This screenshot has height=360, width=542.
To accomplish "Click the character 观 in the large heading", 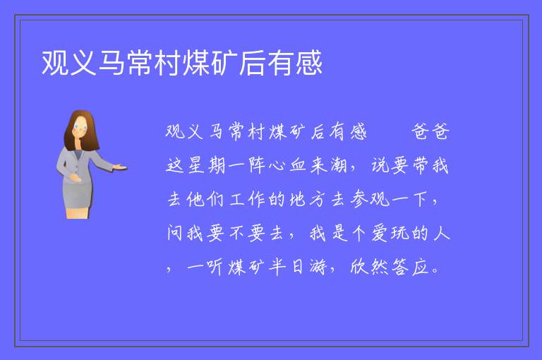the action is coord(55,63).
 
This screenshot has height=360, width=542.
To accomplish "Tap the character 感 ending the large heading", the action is coord(309,63).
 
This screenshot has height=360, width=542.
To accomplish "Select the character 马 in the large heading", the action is coord(112,63).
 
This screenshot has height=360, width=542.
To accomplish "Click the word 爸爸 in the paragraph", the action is coord(430,132).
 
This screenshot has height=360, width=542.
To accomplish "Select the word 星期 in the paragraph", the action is coord(206,165).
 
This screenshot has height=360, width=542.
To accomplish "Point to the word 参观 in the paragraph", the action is coord(370,199).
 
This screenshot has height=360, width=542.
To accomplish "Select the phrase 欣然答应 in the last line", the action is coord(390,267).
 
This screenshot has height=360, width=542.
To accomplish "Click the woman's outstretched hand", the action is coord(119,168).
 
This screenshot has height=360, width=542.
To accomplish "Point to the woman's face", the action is coord(80,126).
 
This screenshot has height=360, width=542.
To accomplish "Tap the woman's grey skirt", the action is coord(78,196).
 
